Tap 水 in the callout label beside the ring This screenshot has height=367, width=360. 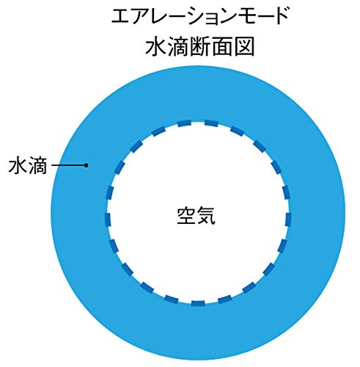18,166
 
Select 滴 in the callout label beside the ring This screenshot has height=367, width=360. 37,166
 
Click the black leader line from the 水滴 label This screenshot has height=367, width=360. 68,165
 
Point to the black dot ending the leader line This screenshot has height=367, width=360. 86,165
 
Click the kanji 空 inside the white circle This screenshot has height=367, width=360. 185,216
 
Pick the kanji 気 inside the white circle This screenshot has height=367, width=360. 206,216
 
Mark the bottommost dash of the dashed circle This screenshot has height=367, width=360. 198,303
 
